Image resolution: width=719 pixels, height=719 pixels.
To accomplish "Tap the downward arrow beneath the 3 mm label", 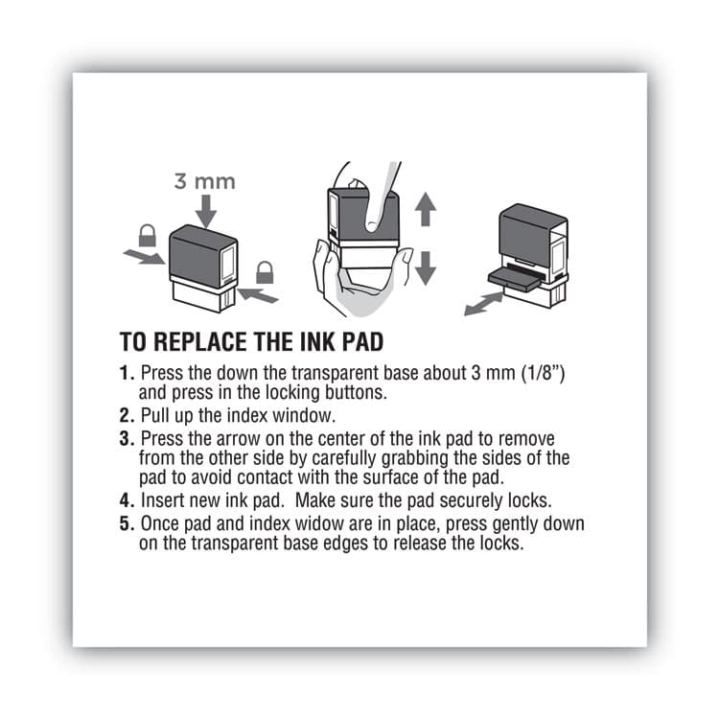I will (204, 210).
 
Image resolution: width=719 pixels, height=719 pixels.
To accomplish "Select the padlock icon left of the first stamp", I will (148, 235).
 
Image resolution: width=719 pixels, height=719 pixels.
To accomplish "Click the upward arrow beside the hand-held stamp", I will (426, 209).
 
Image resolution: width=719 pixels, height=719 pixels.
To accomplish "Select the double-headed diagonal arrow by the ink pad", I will (482, 304).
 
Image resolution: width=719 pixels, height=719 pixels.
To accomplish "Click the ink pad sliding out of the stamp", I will (517, 279).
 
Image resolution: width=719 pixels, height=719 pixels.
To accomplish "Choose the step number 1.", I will (126, 372).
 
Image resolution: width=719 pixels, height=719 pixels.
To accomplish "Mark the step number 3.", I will (126, 439).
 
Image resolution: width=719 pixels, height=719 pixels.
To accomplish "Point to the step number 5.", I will (126, 525).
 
